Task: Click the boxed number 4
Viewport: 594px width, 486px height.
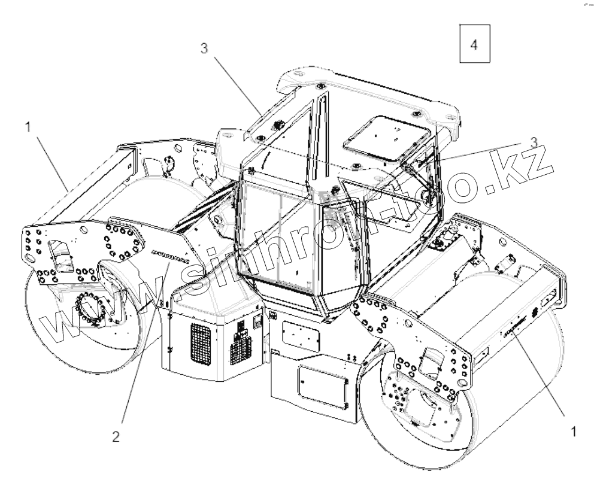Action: tap(474, 45)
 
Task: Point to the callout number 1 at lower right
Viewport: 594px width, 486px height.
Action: tap(574, 431)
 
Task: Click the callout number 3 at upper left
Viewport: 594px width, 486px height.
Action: tap(204, 50)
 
